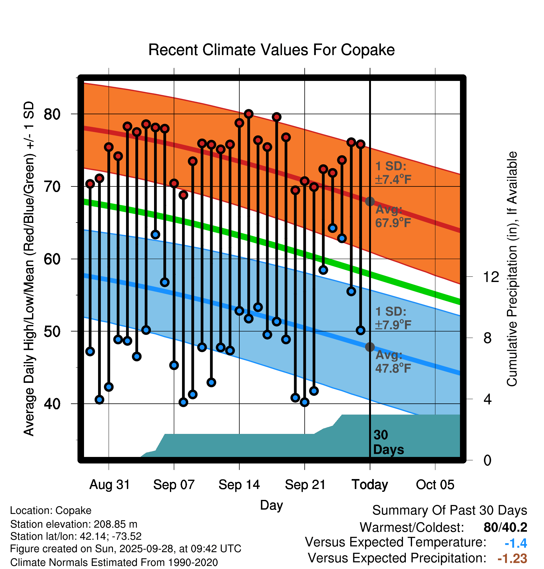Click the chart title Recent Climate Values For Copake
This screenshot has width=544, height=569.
pyautogui.click(x=271, y=50)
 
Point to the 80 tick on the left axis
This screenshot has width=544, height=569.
pyautogui.click(x=52, y=114)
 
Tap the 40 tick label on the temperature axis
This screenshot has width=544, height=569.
pyautogui.click(x=52, y=404)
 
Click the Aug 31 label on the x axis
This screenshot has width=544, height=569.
pyautogui.click(x=110, y=485)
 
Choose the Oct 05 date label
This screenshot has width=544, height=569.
pyautogui.click(x=435, y=485)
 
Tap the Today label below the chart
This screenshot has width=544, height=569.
pyautogui.click(x=370, y=485)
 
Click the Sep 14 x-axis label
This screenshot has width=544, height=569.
pyautogui.click(x=239, y=485)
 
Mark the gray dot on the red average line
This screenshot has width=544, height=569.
pyautogui.click(x=370, y=201)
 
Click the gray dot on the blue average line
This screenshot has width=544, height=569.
pyautogui.click(x=370, y=347)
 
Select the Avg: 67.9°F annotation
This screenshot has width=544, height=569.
pyautogui.click(x=393, y=216)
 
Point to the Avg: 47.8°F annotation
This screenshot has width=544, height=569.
pyautogui.click(x=393, y=362)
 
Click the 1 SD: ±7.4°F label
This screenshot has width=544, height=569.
pyautogui.click(x=393, y=173)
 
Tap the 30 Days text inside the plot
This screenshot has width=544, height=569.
pyautogui.click(x=388, y=442)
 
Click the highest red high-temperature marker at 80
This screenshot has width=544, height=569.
pyautogui.click(x=249, y=114)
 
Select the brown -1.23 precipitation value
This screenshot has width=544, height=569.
pyautogui.click(x=512, y=558)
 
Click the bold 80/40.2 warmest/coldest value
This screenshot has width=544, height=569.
pyautogui.click(x=505, y=527)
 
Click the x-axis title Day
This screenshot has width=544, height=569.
pyautogui.click(x=271, y=505)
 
